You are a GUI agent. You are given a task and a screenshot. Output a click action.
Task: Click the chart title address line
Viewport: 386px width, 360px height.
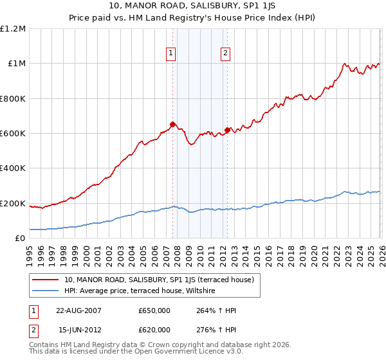point(193,6)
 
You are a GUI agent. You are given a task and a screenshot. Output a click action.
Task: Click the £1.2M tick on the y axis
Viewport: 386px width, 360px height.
point(14,29)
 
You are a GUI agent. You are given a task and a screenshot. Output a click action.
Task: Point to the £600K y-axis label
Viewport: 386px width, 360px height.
point(13,134)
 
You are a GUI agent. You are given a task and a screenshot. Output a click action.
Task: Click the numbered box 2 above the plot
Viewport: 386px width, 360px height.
point(226,54)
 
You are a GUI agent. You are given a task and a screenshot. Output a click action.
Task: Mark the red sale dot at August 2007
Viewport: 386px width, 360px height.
point(172,124)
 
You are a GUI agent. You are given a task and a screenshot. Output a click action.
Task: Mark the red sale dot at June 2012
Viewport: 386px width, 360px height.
point(227,130)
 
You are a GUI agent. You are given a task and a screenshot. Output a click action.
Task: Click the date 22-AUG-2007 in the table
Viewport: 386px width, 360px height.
point(78,310)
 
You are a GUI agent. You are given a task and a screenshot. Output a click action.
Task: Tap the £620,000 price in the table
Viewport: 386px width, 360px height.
point(154,329)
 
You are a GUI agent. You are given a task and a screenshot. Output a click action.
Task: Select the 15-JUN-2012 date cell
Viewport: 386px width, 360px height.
point(78,329)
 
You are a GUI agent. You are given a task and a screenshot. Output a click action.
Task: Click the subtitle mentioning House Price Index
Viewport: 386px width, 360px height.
point(193,19)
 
